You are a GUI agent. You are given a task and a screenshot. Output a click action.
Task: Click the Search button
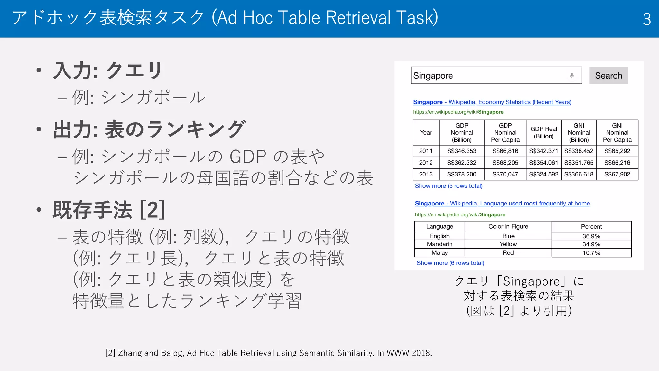click(x=608, y=75)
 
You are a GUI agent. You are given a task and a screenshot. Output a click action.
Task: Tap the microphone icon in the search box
click(x=572, y=76)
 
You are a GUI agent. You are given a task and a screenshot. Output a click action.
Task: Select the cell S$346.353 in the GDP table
click(x=461, y=151)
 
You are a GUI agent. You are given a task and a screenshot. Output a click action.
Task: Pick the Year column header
click(x=426, y=133)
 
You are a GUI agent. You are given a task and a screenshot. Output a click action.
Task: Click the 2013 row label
click(x=426, y=174)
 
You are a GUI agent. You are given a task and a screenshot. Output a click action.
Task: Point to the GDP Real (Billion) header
click(x=543, y=133)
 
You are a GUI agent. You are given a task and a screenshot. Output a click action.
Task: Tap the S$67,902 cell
click(x=617, y=174)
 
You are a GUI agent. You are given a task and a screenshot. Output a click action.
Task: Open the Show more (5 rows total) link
click(x=449, y=186)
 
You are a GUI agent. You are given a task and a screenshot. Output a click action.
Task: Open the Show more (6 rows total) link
click(x=450, y=263)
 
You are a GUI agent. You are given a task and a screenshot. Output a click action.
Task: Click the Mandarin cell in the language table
click(x=440, y=244)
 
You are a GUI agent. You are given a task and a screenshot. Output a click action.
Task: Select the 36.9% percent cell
click(x=591, y=236)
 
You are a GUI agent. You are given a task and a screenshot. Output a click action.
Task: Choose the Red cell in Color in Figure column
click(x=508, y=253)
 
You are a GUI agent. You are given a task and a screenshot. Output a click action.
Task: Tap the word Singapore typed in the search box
click(x=433, y=76)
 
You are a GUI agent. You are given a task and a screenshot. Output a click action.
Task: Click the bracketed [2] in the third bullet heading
click(x=153, y=210)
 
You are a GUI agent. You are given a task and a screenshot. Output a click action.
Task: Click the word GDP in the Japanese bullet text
click(x=248, y=157)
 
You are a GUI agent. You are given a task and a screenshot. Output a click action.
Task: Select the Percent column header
click(x=591, y=226)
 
